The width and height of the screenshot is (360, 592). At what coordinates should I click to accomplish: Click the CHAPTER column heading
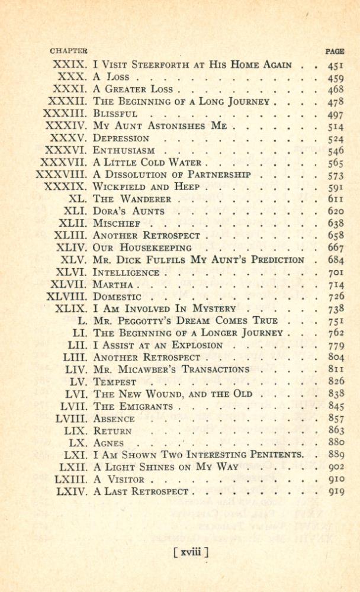tap(69, 52)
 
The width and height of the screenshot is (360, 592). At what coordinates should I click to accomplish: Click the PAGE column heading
tap(335, 52)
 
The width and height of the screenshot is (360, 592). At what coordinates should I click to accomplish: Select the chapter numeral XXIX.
tap(70, 65)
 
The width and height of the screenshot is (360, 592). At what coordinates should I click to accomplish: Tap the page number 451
tap(336, 65)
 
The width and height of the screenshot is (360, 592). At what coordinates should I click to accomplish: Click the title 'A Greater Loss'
tap(133, 89)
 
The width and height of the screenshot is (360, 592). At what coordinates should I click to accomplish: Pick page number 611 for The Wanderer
tap(336, 200)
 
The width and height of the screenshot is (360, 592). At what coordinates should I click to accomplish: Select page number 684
tap(336, 260)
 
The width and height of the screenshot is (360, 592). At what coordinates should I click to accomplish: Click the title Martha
tap(114, 285)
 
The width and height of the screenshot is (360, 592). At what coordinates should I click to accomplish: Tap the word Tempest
tap(115, 382)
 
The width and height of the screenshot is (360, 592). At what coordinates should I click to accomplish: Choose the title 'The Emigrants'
tap(133, 406)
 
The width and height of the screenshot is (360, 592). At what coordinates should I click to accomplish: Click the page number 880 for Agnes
tap(336, 443)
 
